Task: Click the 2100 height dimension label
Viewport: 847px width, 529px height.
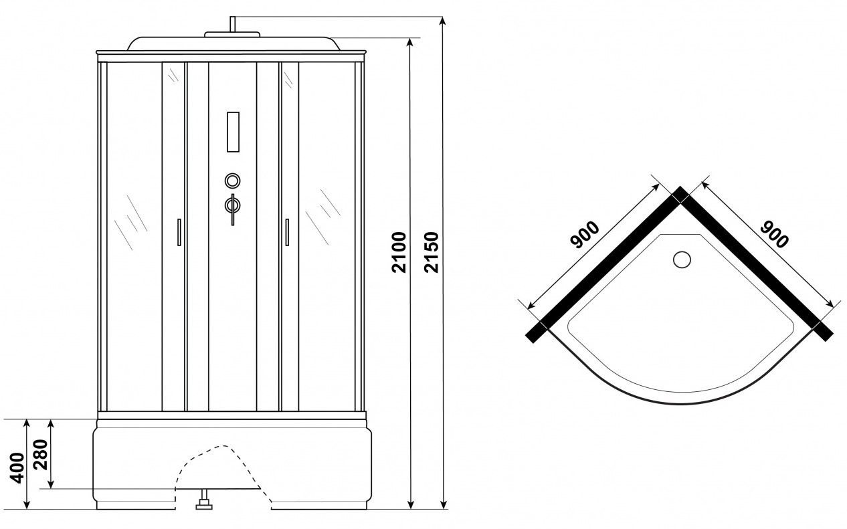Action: (399, 252)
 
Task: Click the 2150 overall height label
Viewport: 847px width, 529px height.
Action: (431, 252)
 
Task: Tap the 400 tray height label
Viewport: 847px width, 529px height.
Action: (17, 467)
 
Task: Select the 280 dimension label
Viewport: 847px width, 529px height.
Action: (40, 455)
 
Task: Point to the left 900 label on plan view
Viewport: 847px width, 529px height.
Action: (585, 235)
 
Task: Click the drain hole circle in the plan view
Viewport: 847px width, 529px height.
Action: (682, 260)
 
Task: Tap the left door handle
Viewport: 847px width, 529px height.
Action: (179, 232)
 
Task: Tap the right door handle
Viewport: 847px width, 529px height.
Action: (287, 232)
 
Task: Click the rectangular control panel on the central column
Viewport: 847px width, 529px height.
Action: (233, 132)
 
